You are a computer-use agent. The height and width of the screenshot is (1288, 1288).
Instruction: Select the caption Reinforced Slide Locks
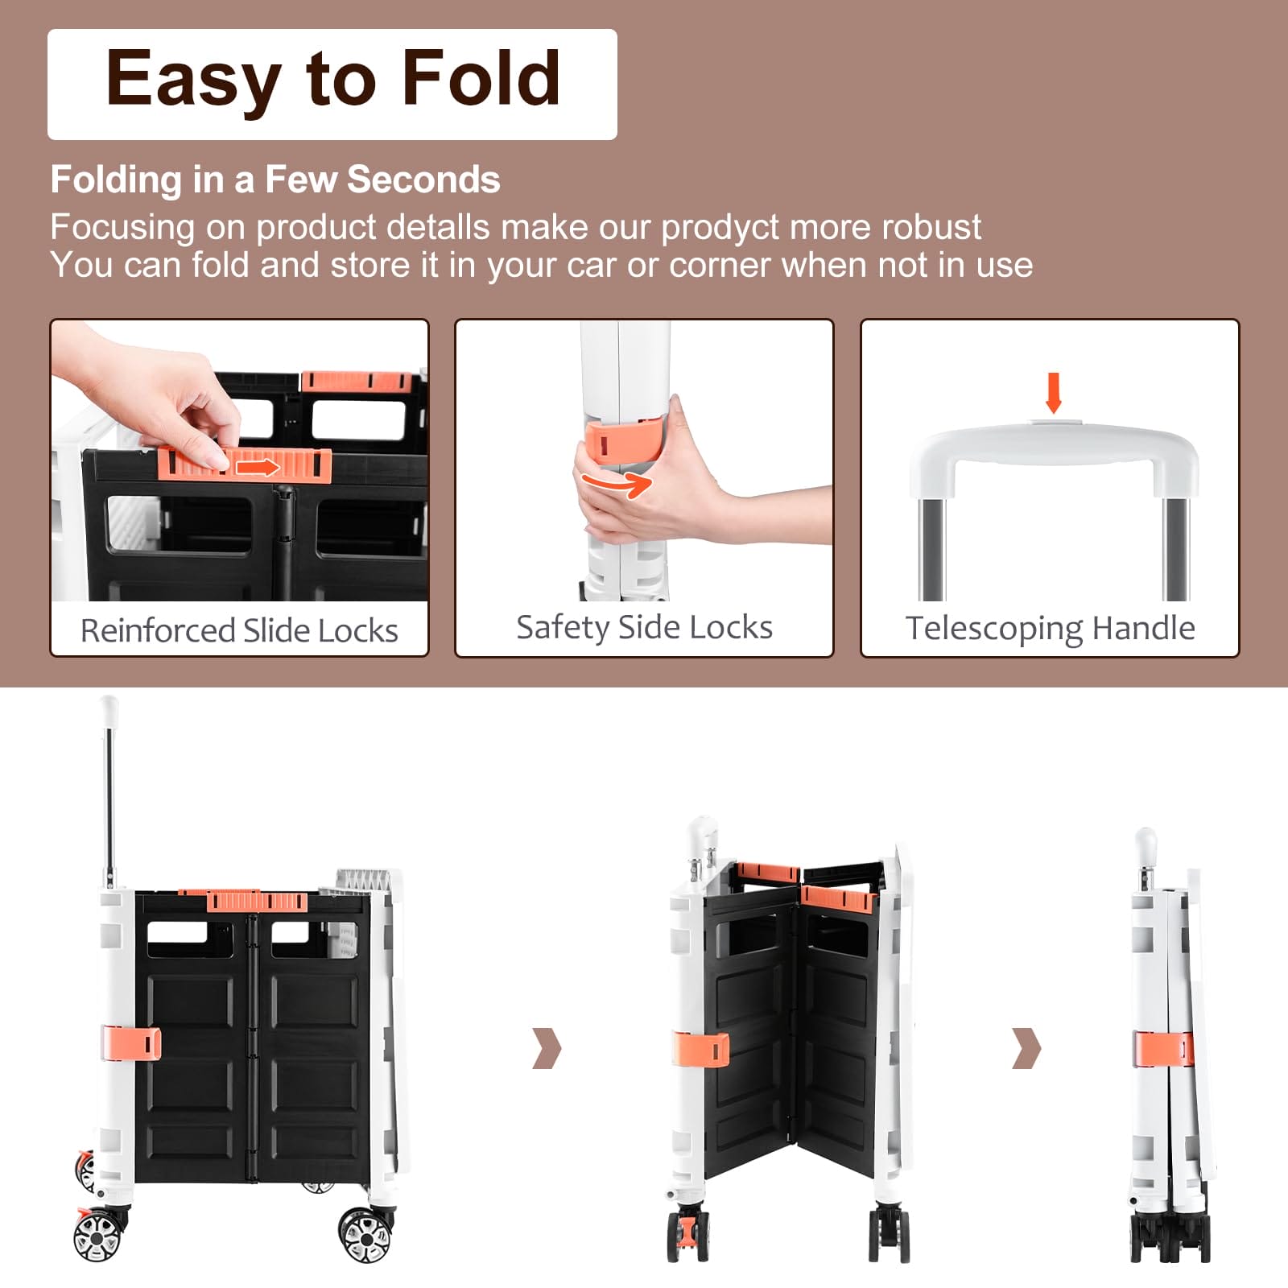(239, 630)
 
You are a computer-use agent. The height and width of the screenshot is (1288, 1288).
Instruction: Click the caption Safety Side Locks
(644, 628)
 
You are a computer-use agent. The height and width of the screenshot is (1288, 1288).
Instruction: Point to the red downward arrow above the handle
(1053, 392)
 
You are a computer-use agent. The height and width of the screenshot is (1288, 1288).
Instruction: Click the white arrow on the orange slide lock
(257, 467)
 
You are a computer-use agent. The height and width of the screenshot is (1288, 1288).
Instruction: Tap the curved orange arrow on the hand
(617, 484)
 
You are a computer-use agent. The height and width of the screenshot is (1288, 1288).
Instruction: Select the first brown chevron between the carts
(547, 1047)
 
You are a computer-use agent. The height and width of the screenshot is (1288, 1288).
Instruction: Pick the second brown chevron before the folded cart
(1026, 1047)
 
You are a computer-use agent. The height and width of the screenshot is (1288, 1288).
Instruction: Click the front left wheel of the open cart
(98, 1234)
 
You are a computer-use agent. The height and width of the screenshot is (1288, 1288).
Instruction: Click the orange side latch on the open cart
(131, 1043)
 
